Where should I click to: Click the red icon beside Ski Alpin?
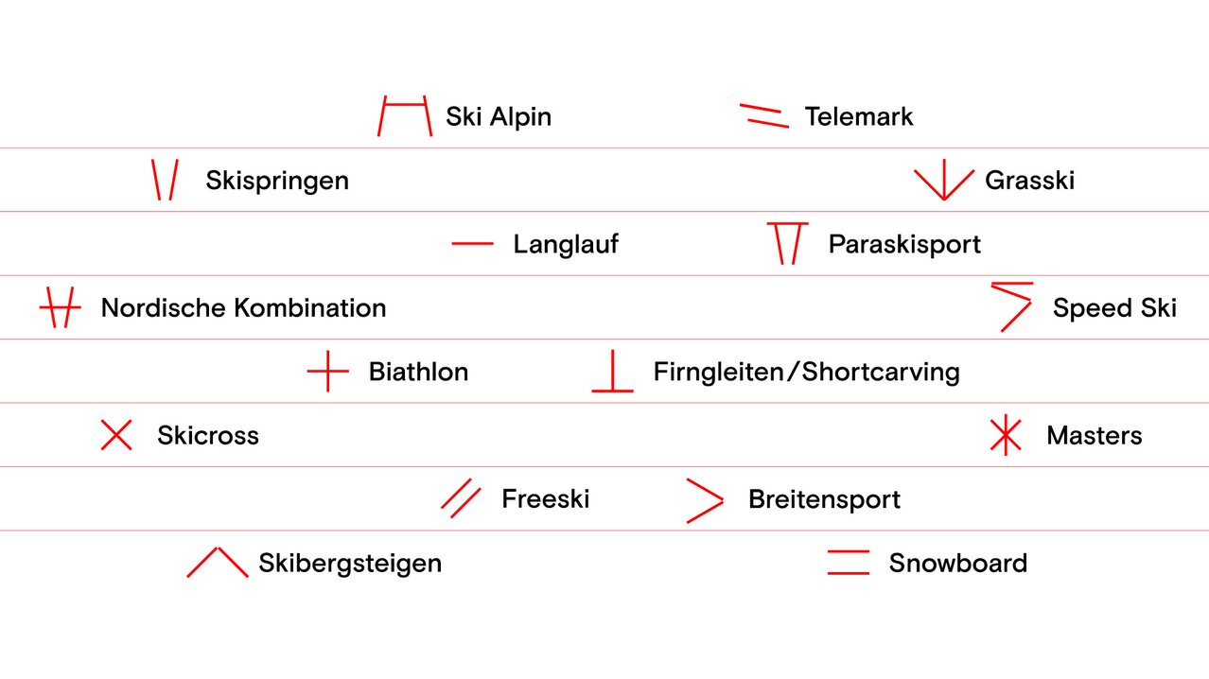405,115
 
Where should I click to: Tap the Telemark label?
858,116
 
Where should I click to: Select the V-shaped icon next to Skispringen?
165,180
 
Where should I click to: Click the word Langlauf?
566,244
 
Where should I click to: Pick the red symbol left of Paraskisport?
787,243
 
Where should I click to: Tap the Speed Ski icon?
1011,305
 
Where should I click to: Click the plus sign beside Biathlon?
328,372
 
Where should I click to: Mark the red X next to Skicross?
116,435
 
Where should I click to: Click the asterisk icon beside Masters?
1005,435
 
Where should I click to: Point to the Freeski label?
545,499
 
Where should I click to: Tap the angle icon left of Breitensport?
705,500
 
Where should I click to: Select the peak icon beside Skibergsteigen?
218,562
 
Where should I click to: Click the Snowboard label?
957,564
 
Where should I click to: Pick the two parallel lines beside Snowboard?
848,563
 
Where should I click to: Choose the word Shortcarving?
881,372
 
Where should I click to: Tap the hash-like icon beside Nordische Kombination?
61,308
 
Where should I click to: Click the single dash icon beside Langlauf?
473,244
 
